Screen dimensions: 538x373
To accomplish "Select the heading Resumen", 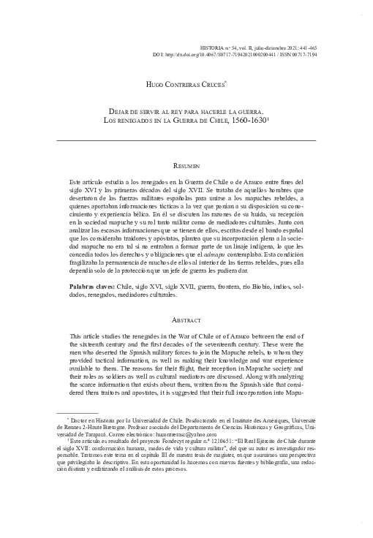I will pyautogui.click(x=186, y=167).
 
